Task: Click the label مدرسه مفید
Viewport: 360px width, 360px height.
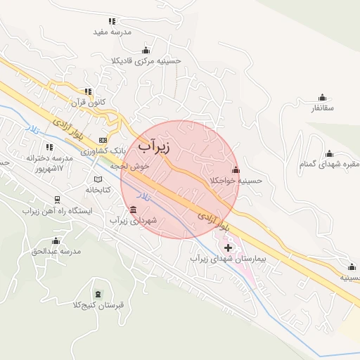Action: [112, 32]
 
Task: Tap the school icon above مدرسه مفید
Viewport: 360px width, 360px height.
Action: [112, 20]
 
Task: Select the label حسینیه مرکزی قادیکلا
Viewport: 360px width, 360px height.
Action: [146, 61]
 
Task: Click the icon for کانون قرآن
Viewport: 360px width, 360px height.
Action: [88, 91]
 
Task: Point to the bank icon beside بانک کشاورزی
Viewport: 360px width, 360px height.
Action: [103, 140]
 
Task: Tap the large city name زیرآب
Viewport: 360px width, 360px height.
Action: [155, 146]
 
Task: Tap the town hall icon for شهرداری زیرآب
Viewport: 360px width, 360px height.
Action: [134, 210]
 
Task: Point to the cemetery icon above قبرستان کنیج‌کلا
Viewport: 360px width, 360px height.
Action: [98, 292]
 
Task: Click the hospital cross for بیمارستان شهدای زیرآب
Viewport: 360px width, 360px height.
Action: [227, 247]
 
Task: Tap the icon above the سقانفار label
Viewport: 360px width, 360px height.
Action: [322, 97]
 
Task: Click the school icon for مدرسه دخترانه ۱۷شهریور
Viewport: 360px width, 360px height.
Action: [49, 147]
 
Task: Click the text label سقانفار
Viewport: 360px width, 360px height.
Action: [322, 108]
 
